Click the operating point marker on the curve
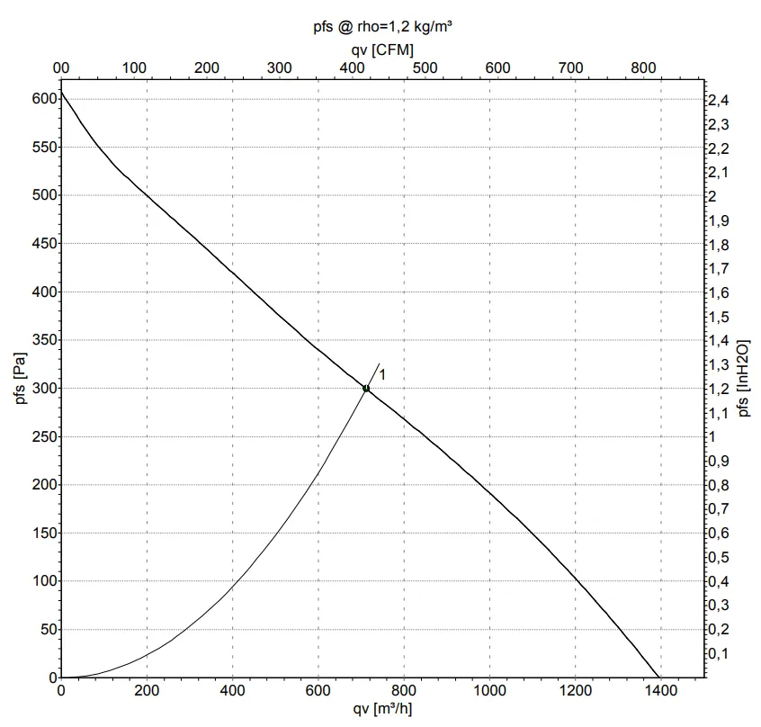tap(366, 389)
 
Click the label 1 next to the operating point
tap(382, 374)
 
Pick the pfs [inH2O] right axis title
tap(743, 378)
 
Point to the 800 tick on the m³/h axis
tap(404, 691)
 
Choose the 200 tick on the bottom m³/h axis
tap(147, 691)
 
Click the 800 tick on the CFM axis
tap(643, 68)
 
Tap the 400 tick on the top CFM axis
tap(352, 68)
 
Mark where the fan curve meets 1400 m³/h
tap(660, 678)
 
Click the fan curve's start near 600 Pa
tap(61, 93)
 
